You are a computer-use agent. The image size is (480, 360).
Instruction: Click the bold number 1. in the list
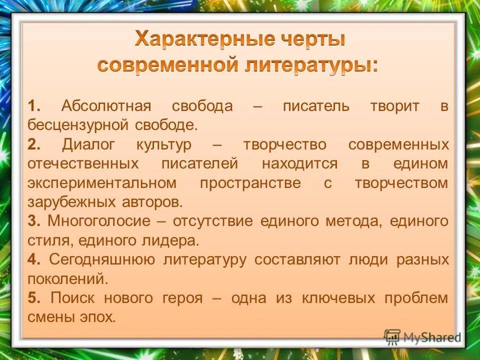tap(34, 106)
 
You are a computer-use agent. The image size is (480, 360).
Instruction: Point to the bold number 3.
tap(33, 221)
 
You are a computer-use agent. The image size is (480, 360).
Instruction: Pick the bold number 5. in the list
tap(34, 298)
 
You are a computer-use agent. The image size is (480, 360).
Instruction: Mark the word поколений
tap(67, 279)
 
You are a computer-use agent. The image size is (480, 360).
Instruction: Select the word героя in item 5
tap(182, 298)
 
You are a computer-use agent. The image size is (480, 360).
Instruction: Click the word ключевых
tap(337, 298)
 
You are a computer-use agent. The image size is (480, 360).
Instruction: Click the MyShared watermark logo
tap(422, 336)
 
